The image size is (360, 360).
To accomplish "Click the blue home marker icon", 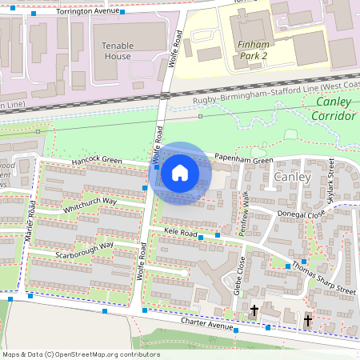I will (x=180, y=172).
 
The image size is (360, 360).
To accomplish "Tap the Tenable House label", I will (x=117, y=51).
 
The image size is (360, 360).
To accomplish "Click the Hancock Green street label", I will (x=96, y=161).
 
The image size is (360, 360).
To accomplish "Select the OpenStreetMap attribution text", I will (x=81, y=354).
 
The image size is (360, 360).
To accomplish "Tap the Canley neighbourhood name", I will (x=290, y=176).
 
